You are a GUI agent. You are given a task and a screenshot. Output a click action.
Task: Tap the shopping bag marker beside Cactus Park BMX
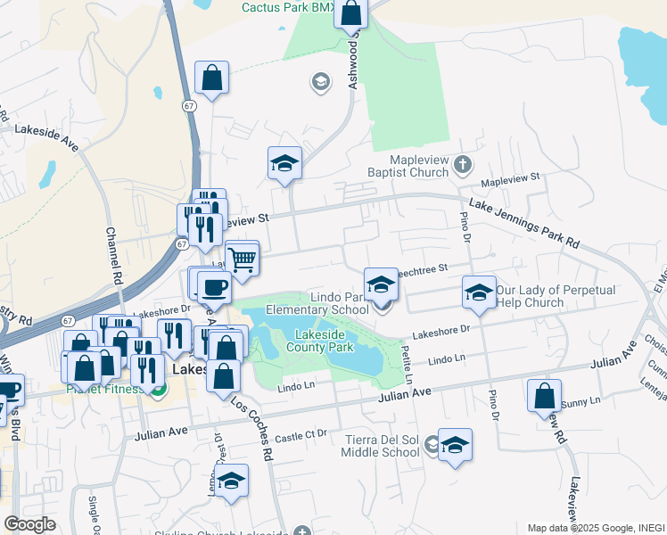(x=351, y=14)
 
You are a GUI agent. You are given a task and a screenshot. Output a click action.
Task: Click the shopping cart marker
(x=243, y=259)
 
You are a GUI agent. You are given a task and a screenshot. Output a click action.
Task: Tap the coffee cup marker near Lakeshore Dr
(x=214, y=287)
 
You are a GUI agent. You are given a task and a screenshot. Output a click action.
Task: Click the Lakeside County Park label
(x=318, y=341)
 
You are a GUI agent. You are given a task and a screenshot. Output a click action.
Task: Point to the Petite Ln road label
(x=408, y=366)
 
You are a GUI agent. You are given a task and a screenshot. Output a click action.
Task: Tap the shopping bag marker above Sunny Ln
(x=544, y=395)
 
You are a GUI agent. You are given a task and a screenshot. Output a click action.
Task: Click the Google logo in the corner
(x=29, y=524)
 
